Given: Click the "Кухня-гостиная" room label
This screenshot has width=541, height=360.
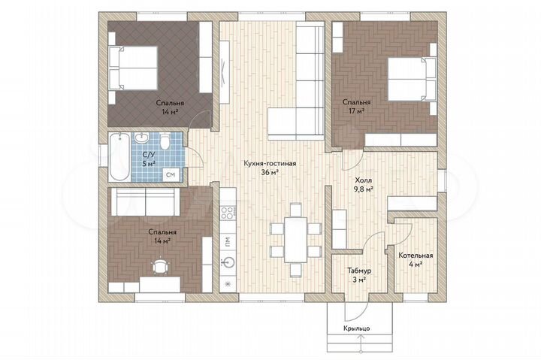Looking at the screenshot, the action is (270, 163).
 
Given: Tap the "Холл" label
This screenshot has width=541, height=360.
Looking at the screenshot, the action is (364, 180).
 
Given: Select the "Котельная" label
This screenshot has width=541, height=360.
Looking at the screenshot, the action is (416, 256).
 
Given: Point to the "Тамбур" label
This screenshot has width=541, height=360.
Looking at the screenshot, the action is (359, 271).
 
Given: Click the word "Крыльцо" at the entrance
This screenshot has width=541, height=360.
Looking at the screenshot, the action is (357, 328).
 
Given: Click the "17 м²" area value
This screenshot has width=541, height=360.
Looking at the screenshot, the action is (356, 111).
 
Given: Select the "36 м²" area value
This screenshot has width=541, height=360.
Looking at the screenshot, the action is (270, 172).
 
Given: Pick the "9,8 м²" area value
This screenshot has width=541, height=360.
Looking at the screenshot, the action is (364, 189).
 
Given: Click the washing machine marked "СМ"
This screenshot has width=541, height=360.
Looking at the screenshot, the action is (171, 175).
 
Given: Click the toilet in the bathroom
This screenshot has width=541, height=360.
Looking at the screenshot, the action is (165, 141).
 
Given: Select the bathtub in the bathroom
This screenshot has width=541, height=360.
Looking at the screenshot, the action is (119, 157).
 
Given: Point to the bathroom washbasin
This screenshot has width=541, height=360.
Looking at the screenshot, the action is (141, 138).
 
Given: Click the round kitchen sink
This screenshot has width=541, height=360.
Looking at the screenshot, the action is (228, 262).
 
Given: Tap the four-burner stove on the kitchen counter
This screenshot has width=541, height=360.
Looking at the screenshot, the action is (228, 212).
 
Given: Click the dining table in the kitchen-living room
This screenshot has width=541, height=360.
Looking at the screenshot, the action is (296, 240).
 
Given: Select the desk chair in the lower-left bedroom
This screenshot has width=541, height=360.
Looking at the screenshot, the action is (161, 267).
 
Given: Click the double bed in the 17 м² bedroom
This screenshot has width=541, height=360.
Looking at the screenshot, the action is (411, 79).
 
